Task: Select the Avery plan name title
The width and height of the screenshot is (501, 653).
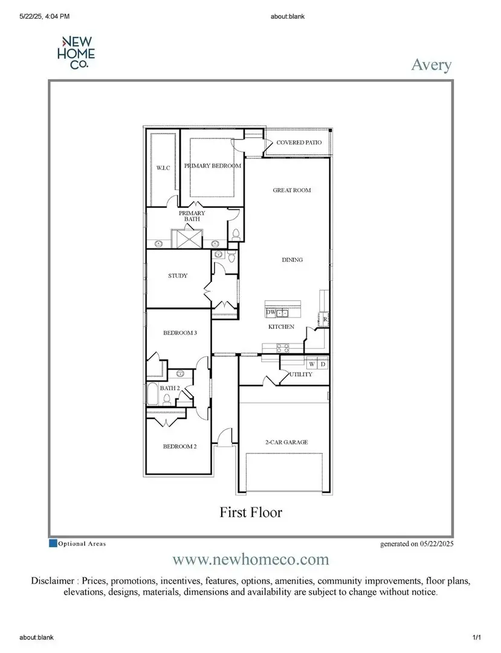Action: [x=431, y=65]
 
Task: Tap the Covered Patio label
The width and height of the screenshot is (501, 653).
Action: [x=299, y=143]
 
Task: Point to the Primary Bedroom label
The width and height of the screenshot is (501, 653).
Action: [x=212, y=166]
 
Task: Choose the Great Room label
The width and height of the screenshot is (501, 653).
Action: [x=291, y=190]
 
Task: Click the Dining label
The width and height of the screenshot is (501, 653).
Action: [x=292, y=260]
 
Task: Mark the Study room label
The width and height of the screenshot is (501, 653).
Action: [x=178, y=276]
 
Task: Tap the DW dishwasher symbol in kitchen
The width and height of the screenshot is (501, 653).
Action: [x=271, y=313]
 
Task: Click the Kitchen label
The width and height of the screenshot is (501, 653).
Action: [x=281, y=327]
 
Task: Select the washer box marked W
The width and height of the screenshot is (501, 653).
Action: [x=312, y=364]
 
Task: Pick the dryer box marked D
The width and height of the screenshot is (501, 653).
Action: [x=323, y=364]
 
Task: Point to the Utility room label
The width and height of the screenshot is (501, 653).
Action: [x=300, y=374]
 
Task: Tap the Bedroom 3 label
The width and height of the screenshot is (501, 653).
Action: [x=179, y=333]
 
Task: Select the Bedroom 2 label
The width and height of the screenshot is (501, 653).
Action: [x=179, y=447]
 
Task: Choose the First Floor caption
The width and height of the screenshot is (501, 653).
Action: [x=250, y=512]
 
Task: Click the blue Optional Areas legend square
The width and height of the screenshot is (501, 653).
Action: [x=53, y=543]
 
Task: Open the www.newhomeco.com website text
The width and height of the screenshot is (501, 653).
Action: [x=250, y=559]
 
